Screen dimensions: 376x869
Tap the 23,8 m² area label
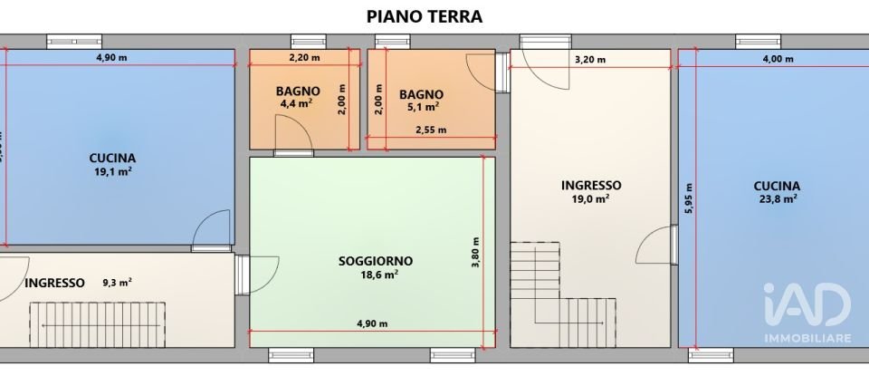pos(776,199)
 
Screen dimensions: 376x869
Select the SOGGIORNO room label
pos(368,260)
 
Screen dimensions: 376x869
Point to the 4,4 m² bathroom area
pos(298,103)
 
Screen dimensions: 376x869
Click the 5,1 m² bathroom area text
pos(421,105)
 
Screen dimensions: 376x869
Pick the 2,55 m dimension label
pos(430,130)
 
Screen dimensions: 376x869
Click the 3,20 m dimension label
pos(590,60)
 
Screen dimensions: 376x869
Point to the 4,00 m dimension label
pos(777,60)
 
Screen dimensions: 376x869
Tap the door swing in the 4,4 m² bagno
pos(293,137)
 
